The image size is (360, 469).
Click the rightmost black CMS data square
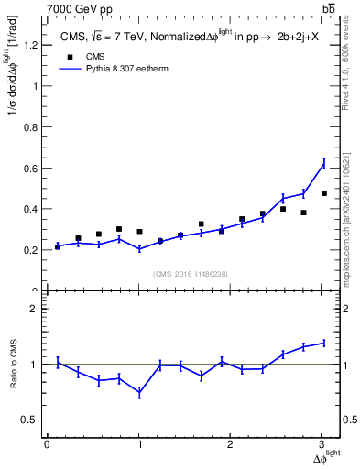click(x=324, y=193)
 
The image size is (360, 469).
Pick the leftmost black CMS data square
click(x=58, y=246)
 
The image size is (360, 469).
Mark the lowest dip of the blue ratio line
click(x=139, y=392)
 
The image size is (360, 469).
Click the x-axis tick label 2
click(x=231, y=444)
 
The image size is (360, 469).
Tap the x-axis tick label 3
click(x=322, y=444)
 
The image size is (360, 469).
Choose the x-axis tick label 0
click(x=47, y=444)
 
